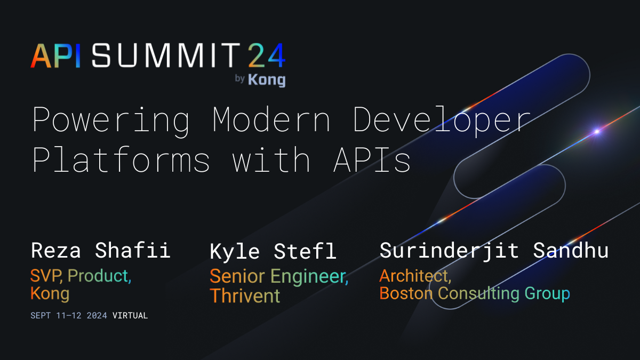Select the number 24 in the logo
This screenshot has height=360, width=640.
(x=266, y=55)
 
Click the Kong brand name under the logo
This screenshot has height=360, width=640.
(x=267, y=79)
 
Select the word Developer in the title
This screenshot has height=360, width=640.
(x=442, y=121)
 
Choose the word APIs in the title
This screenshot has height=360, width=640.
(x=372, y=159)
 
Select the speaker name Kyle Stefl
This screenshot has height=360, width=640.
(x=273, y=251)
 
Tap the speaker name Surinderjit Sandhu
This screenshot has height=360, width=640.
(x=494, y=250)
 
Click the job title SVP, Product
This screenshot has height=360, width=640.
(x=81, y=276)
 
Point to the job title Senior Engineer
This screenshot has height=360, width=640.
(x=279, y=276)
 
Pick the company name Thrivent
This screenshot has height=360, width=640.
(x=245, y=295)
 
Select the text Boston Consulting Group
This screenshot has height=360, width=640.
(x=475, y=293)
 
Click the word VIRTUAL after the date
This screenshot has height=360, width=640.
(x=130, y=315)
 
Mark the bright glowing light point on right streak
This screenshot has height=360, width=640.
(x=597, y=131)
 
